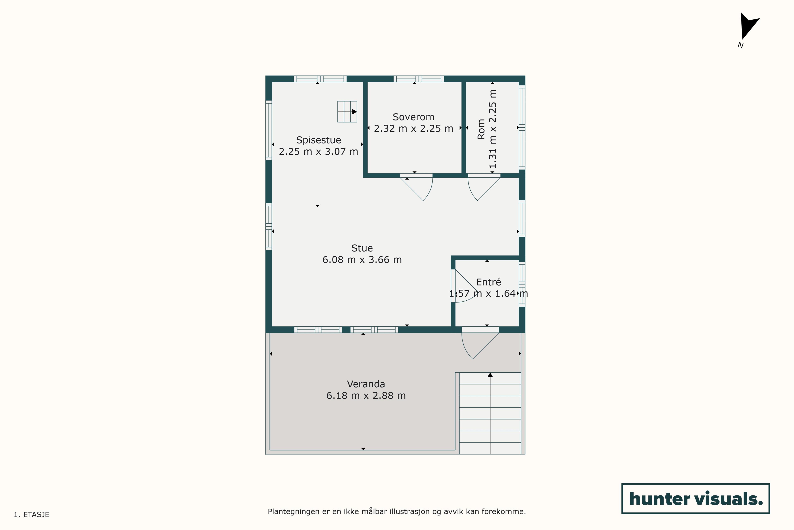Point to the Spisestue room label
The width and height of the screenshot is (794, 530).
coord(318,140)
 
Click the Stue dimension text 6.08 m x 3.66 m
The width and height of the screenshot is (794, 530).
coord(362,260)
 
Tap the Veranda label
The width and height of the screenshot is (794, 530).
coord(366,384)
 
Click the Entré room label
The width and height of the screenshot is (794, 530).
coord(488,282)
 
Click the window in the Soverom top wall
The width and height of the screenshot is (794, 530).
coord(419,79)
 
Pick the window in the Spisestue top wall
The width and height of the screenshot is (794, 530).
coord(320,79)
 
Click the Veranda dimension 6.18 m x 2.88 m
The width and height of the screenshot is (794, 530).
coord(366,395)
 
